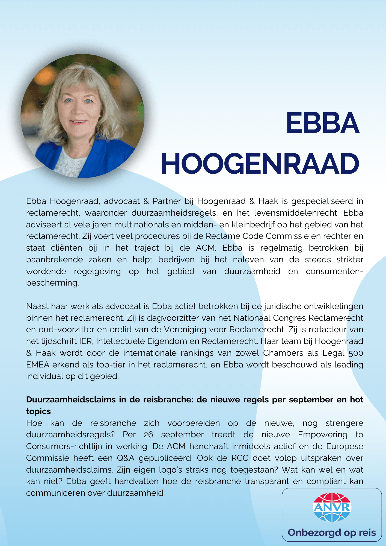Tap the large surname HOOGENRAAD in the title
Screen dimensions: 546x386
(x=260, y=164)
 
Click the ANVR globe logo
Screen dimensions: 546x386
(x=332, y=507)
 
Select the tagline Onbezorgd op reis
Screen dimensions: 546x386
(x=332, y=533)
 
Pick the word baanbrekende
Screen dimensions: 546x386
(x=54, y=260)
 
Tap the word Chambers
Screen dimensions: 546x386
(x=283, y=353)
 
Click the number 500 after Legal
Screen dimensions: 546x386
(x=356, y=353)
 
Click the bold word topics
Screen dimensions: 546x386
(x=38, y=411)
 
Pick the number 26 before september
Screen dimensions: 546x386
(x=148, y=435)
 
